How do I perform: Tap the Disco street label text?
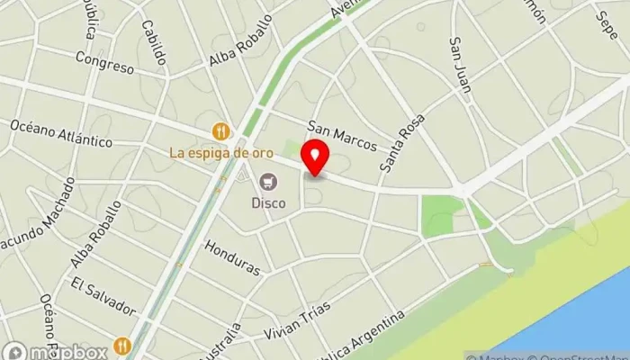pos(269,203)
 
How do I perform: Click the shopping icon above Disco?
pos(267,184)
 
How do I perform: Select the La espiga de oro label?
pos(220,152)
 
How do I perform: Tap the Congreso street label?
pos(105,59)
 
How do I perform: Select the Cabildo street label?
pos(154,44)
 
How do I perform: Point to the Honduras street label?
pos(232,257)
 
